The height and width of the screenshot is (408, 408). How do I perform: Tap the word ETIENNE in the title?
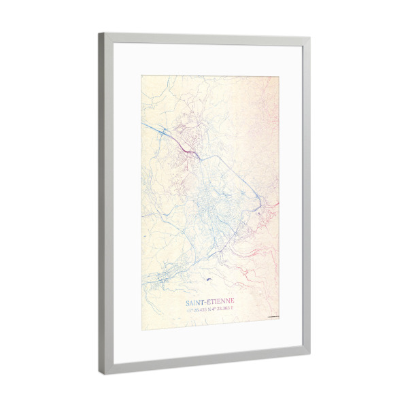coord(220,303)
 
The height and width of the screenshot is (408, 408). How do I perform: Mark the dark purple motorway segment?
coord(188,148)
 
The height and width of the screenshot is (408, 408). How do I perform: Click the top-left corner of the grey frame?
coord(99,34)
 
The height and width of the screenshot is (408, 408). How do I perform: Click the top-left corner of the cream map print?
coord(141,75)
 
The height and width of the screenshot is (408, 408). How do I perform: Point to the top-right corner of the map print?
coord(279,77)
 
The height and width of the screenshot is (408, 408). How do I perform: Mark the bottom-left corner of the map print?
coord(142,330)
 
